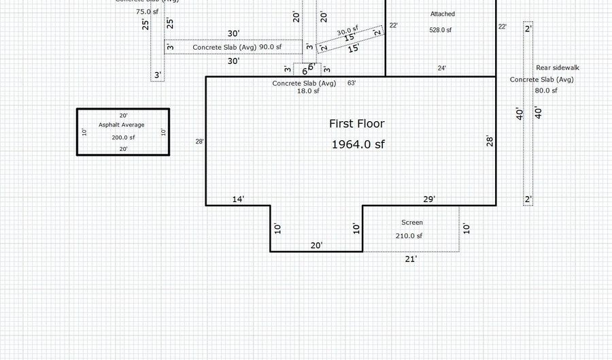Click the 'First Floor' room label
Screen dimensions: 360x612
(x=356, y=124)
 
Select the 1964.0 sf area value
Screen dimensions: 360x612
(x=358, y=144)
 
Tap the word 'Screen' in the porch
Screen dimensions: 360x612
(x=411, y=223)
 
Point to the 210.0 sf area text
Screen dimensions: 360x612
(x=409, y=236)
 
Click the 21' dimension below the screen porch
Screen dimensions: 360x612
(x=411, y=259)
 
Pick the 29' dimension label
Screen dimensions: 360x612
(x=429, y=199)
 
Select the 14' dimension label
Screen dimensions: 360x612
(x=238, y=199)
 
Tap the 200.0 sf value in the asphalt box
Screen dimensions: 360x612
(x=123, y=137)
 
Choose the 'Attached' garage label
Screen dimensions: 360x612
(x=443, y=14)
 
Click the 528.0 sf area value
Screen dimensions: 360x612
(x=441, y=30)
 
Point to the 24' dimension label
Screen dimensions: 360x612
(x=442, y=68)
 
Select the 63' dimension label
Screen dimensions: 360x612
(x=352, y=83)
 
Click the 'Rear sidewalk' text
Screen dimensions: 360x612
(x=558, y=68)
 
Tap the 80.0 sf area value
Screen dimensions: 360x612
(x=545, y=91)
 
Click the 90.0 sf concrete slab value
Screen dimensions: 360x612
(x=270, y=47)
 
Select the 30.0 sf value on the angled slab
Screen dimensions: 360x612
(x=347, y=31)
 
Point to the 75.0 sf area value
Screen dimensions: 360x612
(x=148, y=12)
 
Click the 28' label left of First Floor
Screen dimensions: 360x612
(x=199, y=142)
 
